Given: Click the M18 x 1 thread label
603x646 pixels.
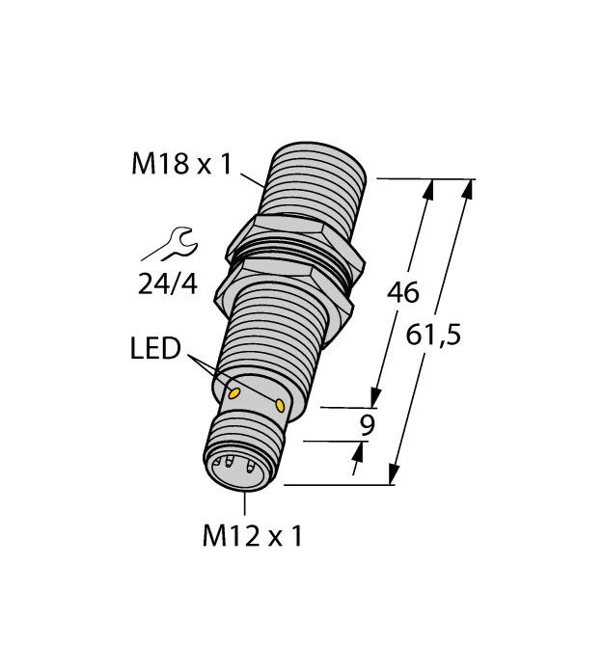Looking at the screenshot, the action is pos(181,164).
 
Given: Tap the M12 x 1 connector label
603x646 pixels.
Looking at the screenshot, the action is pos(252,536).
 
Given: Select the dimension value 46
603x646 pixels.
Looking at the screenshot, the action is pos(402,292).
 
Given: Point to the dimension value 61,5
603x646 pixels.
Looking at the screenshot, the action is pos(433,335).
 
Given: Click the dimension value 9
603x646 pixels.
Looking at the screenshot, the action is pos(368,425).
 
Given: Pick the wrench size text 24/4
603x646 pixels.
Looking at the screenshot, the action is pos(168,283).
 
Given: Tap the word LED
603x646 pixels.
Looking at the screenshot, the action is pos(155,348).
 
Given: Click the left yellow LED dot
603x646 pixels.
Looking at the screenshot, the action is pos(234,393).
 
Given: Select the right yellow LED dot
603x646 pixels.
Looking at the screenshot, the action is pos(280,405).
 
